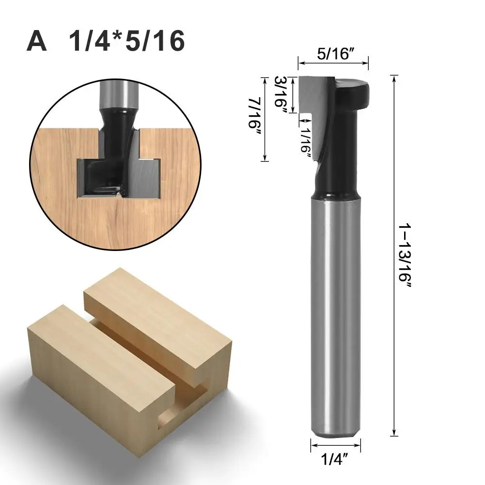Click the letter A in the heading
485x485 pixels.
coord(37,41)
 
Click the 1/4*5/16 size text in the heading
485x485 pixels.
coord(127,41)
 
